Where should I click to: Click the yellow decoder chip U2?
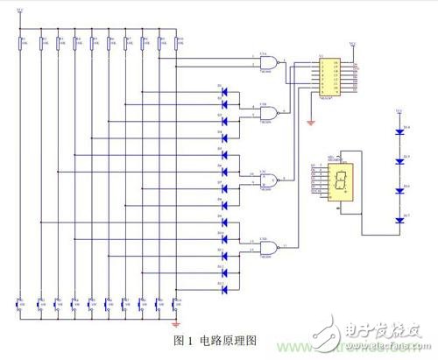click(x=332, y=79)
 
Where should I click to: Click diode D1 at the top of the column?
click(x=224, y=89)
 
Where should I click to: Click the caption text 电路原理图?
click(x=229, y=337)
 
